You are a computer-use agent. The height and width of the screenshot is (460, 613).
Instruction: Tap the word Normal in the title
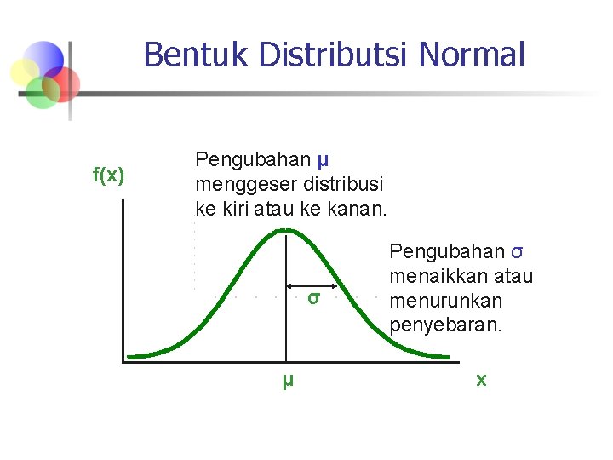pyautogui.click(x=473, y=55)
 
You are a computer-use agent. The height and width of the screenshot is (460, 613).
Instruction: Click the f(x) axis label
pyautogui.click(x=108, y=175)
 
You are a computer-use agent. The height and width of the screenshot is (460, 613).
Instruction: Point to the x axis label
pyautogui.click(x=481, y=380)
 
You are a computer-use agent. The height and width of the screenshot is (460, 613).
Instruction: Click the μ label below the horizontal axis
pyautogui.click(x=288, y=380)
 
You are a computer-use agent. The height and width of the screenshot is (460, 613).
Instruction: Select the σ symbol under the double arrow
pyautogui.click(x=313, y=298)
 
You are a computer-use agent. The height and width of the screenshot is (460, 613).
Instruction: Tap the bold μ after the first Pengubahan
pyautogui.click(x=323, y=158)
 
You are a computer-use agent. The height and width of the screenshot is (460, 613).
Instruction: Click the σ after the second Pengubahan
pyautogui.click(x=517, y=252)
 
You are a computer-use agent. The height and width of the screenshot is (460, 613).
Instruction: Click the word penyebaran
pyautogui.click(x=445, y=325)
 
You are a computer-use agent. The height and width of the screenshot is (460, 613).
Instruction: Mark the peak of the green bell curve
pyautogui.click(x=287, y=229)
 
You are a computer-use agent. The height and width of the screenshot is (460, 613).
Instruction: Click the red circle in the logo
pyautogui.click(x=63, y=83)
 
